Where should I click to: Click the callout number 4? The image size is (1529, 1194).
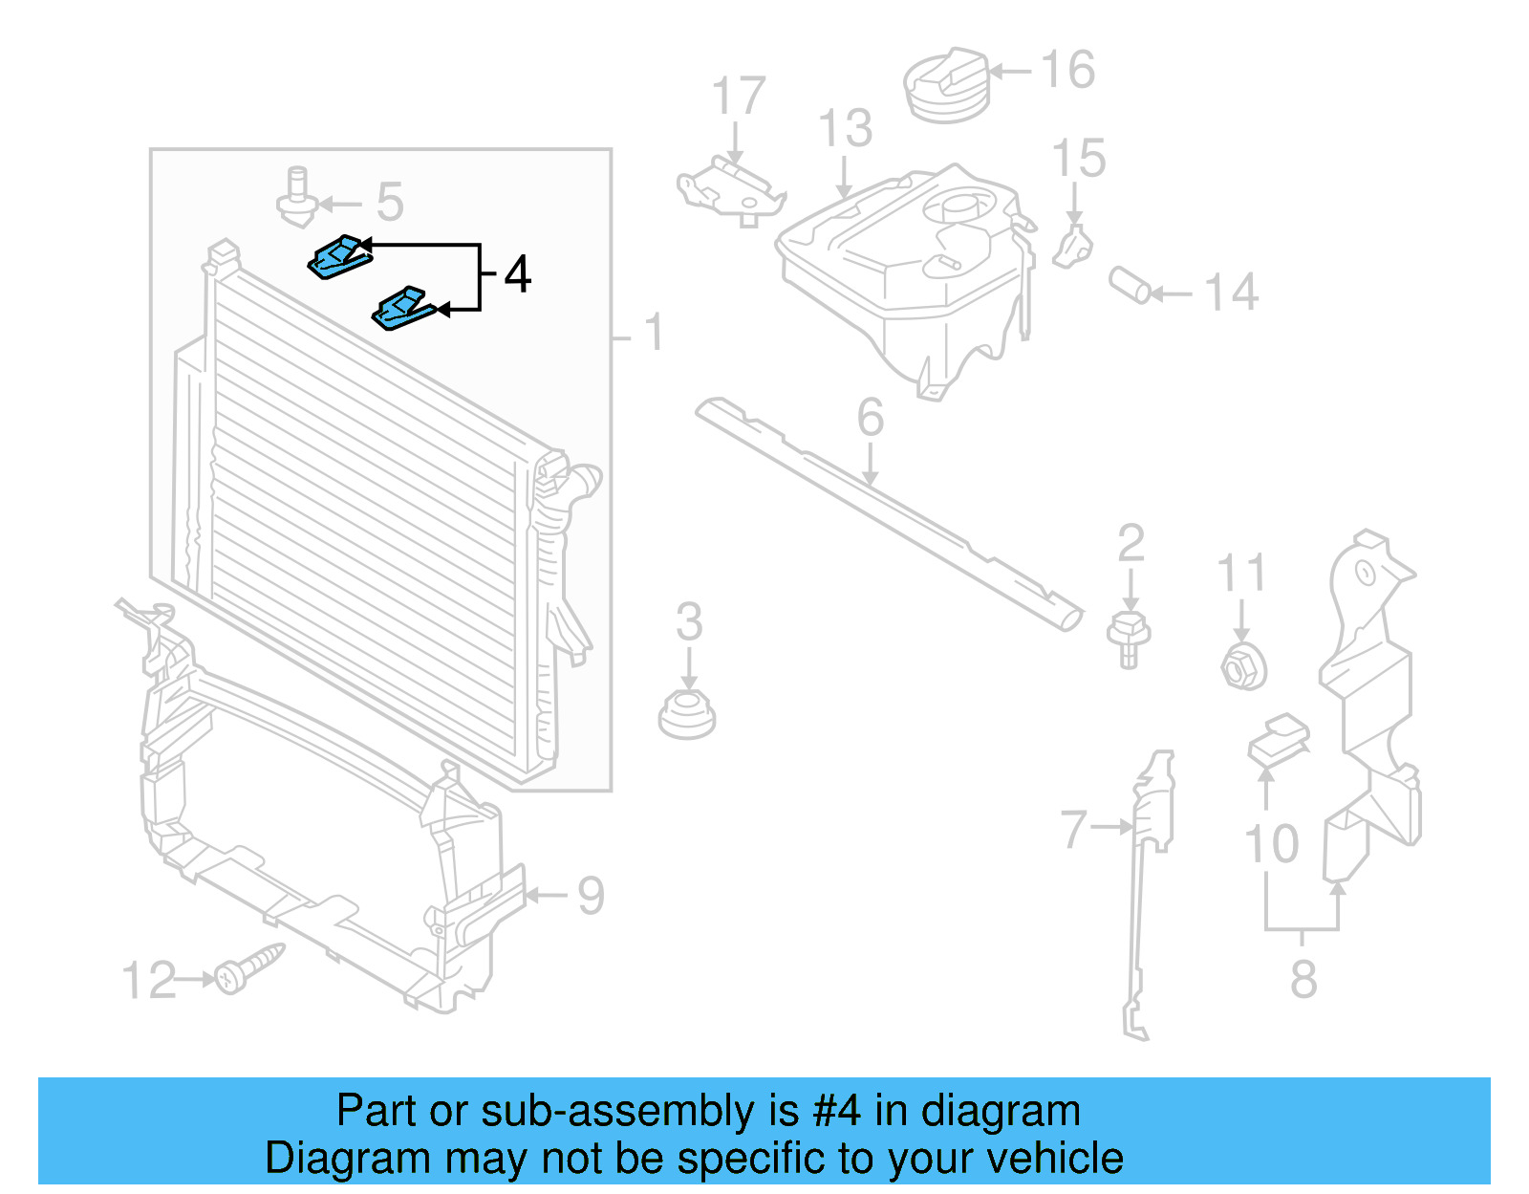(x=517, y=275)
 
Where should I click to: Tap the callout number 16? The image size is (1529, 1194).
(x=1067, y=71)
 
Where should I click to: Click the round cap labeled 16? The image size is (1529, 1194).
(x=945, y=86)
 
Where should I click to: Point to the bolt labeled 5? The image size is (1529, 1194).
(x=297, y=198)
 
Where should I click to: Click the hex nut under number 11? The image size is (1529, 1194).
(x=1243, y=665)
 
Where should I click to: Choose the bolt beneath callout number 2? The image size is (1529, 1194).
(x=1129, y=639)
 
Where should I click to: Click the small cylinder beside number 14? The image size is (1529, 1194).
(x=1131, y=285)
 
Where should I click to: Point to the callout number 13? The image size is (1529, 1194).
(x=845, y=129)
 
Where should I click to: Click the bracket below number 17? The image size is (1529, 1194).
(x=729, y=188)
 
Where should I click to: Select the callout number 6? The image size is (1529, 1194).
(x=870, y=418)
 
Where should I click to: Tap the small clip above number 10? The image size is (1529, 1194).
(x=1279, y=740)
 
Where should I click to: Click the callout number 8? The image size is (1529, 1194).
(x=1303, y=980)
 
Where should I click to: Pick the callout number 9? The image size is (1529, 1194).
(x=591, y=897)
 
